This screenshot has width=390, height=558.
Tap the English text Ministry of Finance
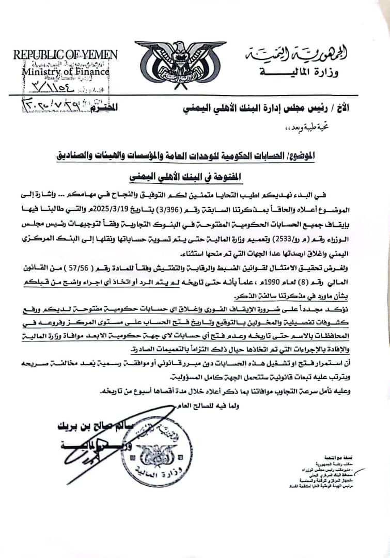[x=65, y=72]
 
